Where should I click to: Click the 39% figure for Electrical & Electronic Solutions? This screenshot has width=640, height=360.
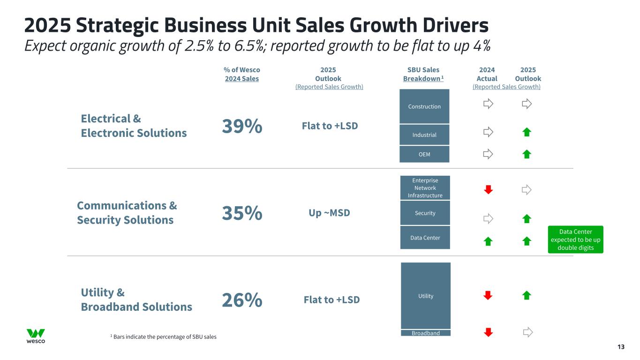[241, 126]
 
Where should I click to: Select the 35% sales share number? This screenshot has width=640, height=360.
[241, 213]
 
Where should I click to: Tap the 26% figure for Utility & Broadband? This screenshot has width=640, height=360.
[241, 300]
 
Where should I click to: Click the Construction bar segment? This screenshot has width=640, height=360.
[424, 106]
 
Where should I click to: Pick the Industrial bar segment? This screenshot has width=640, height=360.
[424, 135]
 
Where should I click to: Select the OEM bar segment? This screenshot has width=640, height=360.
[424, 154]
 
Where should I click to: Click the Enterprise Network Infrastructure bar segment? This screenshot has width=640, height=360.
[425, 188]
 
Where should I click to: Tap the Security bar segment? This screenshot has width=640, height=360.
[425, 213]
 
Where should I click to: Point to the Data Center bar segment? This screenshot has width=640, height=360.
[425, 238]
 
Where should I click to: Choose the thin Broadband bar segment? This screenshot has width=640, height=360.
[426, 333]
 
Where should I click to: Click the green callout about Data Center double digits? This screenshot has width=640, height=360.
[575, 240]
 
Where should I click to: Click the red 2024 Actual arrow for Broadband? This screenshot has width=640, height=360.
[488, 332]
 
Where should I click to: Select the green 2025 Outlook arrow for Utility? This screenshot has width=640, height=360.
[527, 295]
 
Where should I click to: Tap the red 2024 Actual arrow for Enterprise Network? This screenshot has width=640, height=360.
[488, 189]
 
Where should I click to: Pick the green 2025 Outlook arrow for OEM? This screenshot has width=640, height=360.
[527, 154]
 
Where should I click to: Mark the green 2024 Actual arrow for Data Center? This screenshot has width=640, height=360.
[488, 241]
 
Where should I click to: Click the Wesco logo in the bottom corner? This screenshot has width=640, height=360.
[36, 336]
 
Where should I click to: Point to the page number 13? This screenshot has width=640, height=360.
[621, 347]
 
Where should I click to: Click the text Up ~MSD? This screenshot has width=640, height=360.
[329, 213]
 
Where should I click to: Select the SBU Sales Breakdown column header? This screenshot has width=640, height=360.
[423, 74]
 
